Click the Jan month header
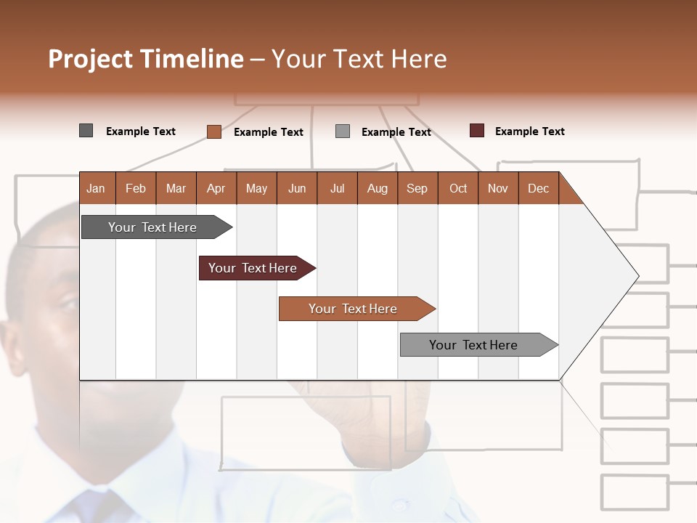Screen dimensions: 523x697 coord(97,188)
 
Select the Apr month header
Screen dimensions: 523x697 coord(216,188)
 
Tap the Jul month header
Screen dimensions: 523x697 coord(337,188)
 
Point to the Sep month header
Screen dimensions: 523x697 coord(417,188)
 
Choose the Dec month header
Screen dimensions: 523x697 coord(538,188)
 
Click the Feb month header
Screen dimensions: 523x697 coord(136,188)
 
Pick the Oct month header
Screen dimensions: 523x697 coord(458,188)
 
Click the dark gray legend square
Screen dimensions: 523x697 coord(86,131)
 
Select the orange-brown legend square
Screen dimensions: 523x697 coord(214,131)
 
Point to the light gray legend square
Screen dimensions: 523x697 coord(343,131)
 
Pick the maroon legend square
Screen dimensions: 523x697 coord(477,131)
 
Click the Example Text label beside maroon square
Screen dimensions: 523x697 coord(529,131)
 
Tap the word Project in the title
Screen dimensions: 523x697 coord(91,60)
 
